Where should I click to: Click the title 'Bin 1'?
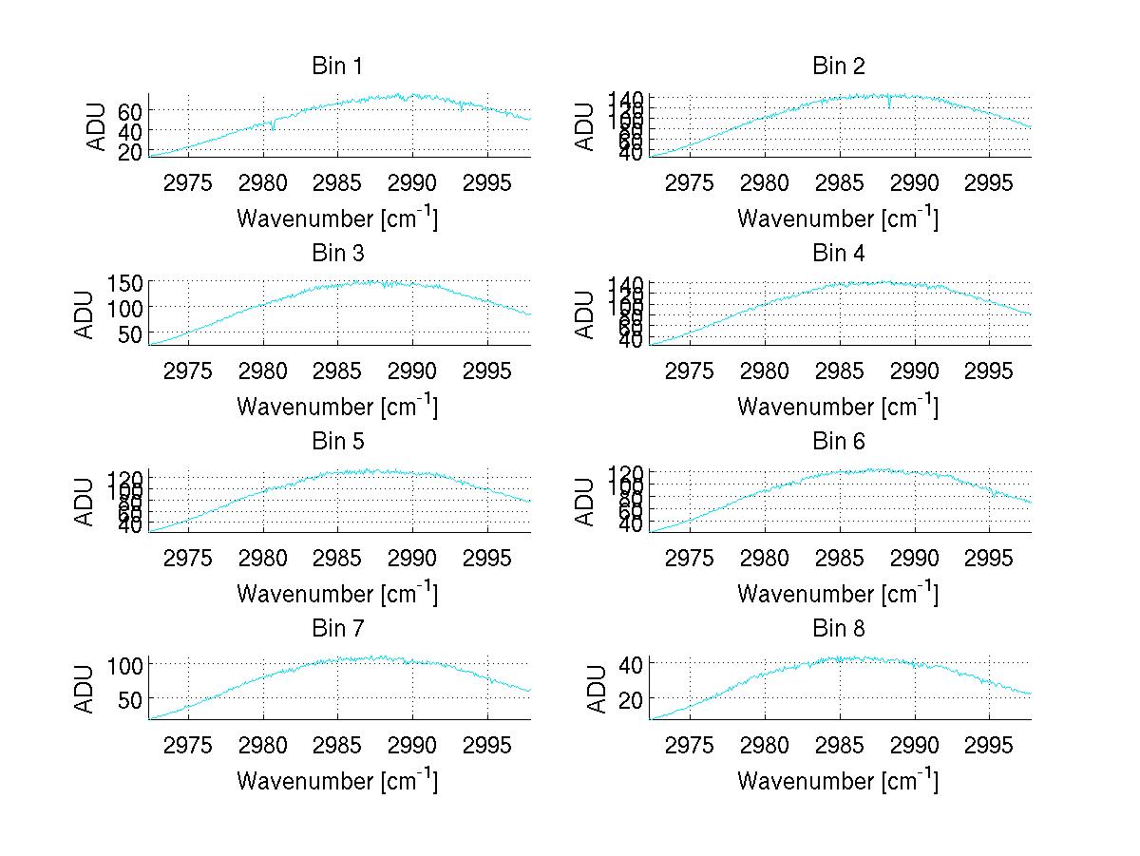336,67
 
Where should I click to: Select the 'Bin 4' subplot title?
838,254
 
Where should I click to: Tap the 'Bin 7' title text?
336,629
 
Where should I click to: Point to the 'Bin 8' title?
838,629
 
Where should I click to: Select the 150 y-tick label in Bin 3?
124,282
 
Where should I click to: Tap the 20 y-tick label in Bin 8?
630,698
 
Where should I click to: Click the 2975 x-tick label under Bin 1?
188,182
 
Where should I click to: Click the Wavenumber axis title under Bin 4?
838,406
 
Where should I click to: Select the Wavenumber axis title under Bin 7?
336,780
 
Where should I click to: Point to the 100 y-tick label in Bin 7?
124,664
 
